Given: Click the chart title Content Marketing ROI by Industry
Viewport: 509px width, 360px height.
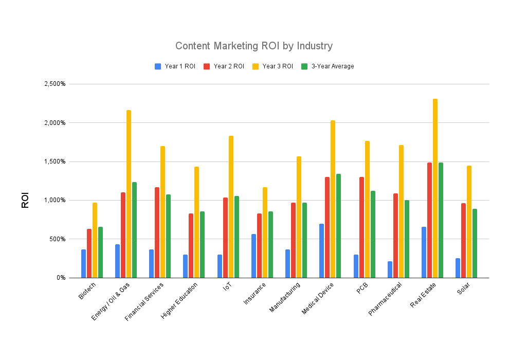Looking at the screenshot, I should pos(254,46).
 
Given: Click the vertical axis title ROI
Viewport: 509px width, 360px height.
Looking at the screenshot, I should pos(25,200).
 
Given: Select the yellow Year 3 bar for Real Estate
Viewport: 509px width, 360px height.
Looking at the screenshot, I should pos(435,188).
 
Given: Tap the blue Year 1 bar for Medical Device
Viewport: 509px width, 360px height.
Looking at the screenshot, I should pos(322,250).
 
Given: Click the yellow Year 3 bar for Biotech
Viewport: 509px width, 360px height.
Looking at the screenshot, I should pos(95,240).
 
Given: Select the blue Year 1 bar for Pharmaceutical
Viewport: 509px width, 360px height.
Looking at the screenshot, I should pos(390,269).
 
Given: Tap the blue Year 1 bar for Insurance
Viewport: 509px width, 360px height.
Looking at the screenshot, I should pos(253,256).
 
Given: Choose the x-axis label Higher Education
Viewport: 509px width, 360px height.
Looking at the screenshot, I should pos(178,300).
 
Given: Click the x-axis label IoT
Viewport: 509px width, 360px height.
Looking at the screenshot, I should pos(226,288).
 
